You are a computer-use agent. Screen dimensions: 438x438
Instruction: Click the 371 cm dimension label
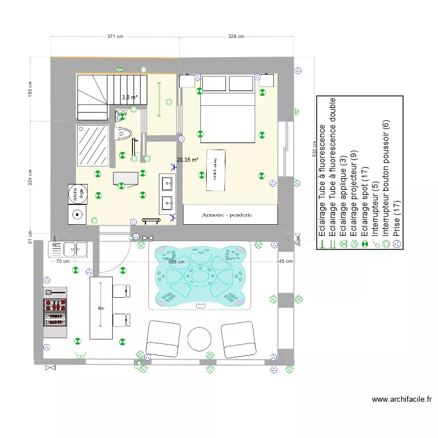pyautogui.click(x=115, y=36)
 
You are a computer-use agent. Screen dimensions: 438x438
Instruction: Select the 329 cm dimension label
pyautogui.click(x=236, y=36)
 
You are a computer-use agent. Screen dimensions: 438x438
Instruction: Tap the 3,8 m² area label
pyautogui.click(x=129, y=98)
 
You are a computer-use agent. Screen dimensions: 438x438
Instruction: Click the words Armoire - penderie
pyautogui.click(x=230, y=214)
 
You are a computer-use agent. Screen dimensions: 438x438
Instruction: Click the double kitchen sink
pyautogui.click(x=69, y=250)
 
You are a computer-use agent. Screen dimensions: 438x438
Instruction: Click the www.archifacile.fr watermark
pyautogui.click(x=402, y=399)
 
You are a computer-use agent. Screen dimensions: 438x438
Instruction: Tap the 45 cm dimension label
pyautogui.click(x=286, y=261)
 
